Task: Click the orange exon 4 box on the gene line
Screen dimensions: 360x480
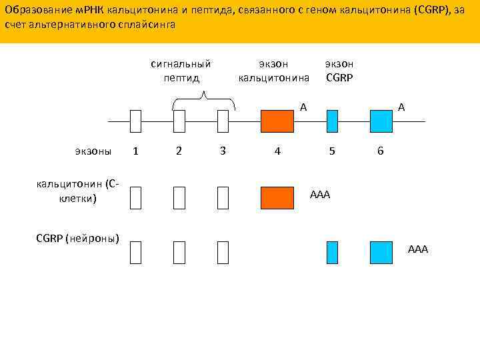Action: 277,121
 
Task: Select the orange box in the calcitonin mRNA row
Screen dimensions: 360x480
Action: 277,198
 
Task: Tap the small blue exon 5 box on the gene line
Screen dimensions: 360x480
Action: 332,121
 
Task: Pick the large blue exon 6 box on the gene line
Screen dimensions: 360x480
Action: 381,121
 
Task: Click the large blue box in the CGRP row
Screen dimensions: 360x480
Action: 381,253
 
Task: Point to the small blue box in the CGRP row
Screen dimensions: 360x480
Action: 332,253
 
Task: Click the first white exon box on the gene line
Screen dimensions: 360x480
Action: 136,121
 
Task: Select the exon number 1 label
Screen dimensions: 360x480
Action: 136,151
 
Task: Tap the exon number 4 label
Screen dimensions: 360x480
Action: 277,151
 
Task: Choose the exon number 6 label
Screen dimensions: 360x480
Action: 380,151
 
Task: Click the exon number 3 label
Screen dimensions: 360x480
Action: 223,151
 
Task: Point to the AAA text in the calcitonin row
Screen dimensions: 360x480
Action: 320,195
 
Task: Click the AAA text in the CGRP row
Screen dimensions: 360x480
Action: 418,249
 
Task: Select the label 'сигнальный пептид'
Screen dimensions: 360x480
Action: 181,71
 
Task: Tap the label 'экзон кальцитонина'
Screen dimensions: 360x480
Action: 274,71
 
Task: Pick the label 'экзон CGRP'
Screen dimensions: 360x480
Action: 339,71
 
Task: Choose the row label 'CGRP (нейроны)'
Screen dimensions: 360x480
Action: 77,238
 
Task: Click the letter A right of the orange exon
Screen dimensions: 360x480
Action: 303,107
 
